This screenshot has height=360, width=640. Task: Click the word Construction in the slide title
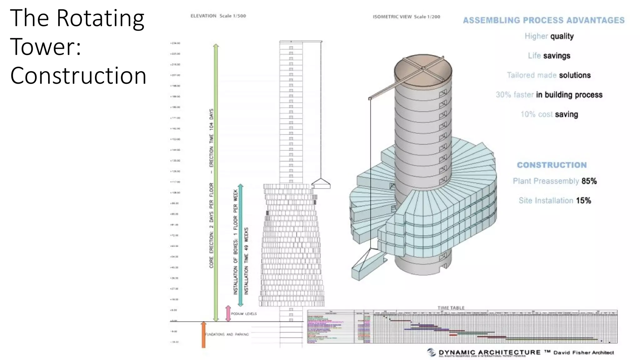(78, 76)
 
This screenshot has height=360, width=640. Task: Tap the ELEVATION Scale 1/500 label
(218, 16)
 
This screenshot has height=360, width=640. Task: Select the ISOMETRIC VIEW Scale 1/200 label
(406, 17)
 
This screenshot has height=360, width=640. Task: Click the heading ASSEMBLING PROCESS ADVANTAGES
(543, 21)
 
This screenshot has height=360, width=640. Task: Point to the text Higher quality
(549, 36)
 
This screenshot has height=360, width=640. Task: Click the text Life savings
(549, 56)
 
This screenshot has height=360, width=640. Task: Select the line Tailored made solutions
(548, 75)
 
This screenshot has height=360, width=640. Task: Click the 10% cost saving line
(549, 114)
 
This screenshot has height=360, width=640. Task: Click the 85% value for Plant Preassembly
(589, 181)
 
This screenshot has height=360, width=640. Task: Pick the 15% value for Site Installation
(583, 201)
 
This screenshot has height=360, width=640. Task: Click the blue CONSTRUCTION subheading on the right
(552, 165)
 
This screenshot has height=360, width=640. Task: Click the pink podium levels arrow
(228, 313)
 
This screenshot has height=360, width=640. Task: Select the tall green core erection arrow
(216, 181)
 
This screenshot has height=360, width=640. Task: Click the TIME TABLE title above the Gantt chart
(451, 308)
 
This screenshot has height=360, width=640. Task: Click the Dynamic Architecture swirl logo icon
(432, 352)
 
